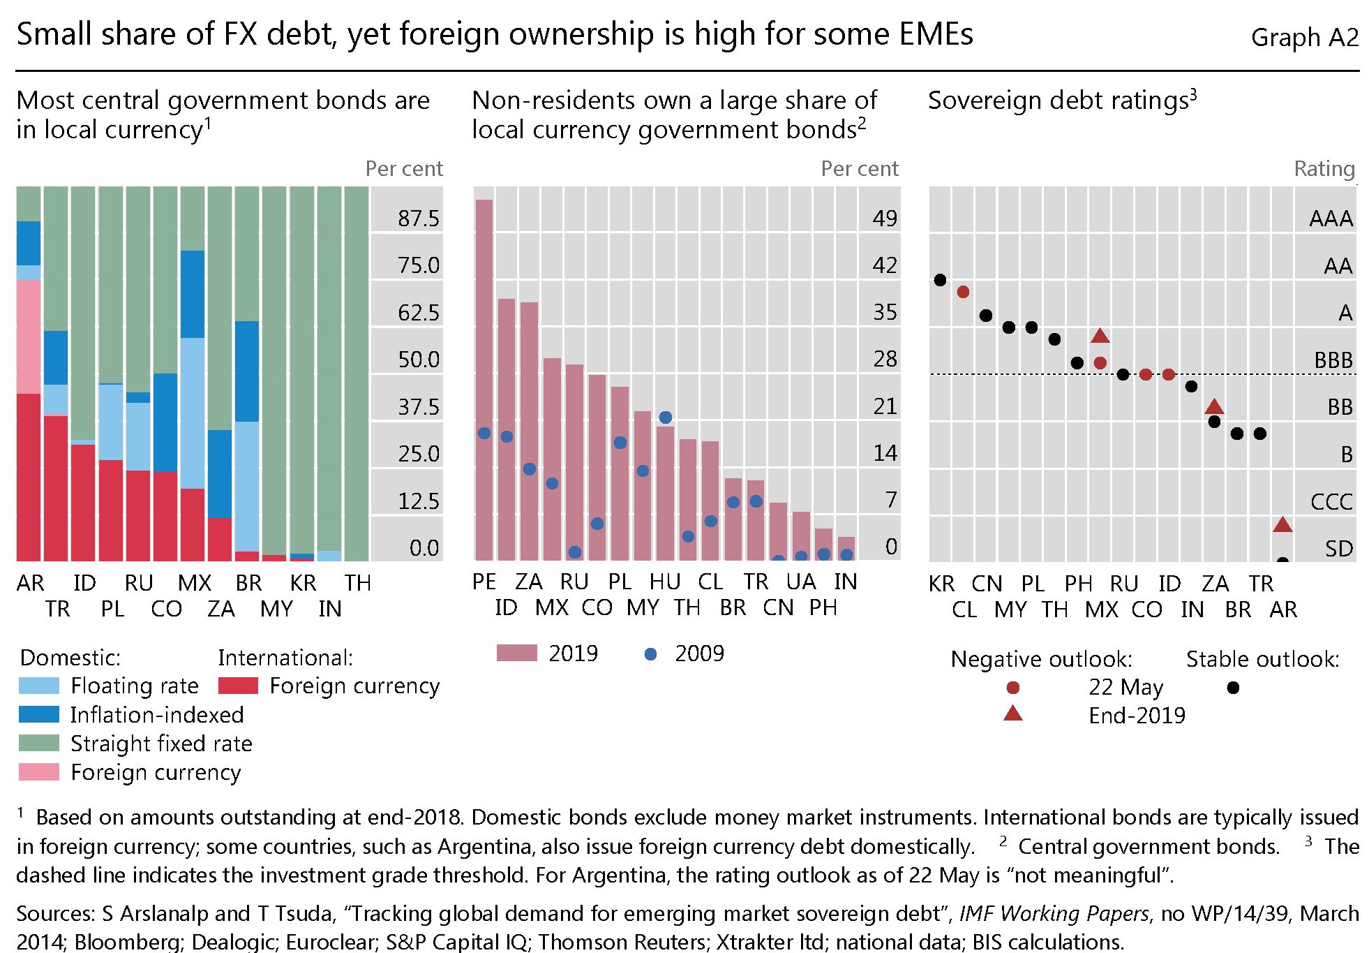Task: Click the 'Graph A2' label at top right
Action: [x=1304, y=37]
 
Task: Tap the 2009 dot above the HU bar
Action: [x=665, y=418]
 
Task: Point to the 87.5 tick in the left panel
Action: [x=419, y=219]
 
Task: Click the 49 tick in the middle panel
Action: [x=885, y=219]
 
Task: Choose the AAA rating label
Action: [x=1331, y=219]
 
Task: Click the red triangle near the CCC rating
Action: [x=1282, y=525]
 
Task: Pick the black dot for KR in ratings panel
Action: [x=940, y=280]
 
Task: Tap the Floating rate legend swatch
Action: [x=39, y=686]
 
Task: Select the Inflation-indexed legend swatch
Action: [x=39, y=714]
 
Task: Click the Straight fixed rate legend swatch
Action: [x=39, y=743]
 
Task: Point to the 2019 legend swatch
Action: [x=516, y=653]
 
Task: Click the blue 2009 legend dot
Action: [x=650, y=654]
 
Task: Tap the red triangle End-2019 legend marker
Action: [x=1012, y=714]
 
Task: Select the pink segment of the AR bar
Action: [x=29, y=337]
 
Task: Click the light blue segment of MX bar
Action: [x=193, y=413]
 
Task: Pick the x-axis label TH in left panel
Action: [x=357, y=583]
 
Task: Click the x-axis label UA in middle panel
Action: [x=800, y=582]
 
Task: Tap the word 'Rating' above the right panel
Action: [x=1324, y=169]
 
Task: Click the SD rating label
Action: [x=1338, y=549]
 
